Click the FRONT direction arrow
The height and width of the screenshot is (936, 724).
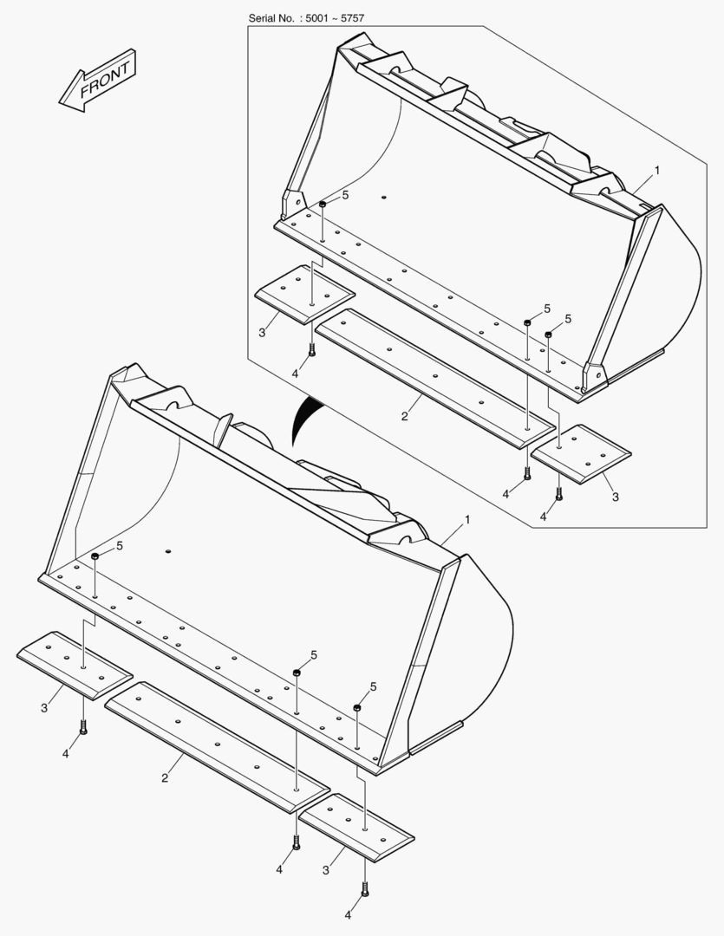point(98,81)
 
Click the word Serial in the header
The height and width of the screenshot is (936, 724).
point(263,18)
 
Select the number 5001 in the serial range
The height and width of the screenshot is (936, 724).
point(316,18)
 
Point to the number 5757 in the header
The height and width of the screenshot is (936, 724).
point(352,18)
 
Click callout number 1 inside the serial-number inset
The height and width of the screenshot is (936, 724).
point(657,171)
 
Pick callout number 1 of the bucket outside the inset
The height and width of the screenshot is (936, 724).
point(467,520)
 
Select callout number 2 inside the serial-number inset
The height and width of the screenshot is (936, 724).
point(404,417)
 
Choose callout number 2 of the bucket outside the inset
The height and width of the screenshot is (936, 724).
point(164,777)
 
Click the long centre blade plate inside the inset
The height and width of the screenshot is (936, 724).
point(435,378)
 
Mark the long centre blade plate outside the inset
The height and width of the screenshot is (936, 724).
point(217,747)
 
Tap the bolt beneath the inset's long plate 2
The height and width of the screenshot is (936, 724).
point(527,473)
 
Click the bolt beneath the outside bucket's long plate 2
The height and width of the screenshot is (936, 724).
point(297,842)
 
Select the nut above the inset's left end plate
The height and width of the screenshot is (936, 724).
point(322,205)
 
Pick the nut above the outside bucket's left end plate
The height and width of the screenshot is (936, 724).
point(95,556)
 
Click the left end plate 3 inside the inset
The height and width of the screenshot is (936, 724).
point(304,295)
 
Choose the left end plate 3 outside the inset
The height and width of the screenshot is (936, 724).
point(75,665)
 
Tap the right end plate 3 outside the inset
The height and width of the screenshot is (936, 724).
point(356,828)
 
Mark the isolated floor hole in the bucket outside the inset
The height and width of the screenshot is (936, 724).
point(168,550)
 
